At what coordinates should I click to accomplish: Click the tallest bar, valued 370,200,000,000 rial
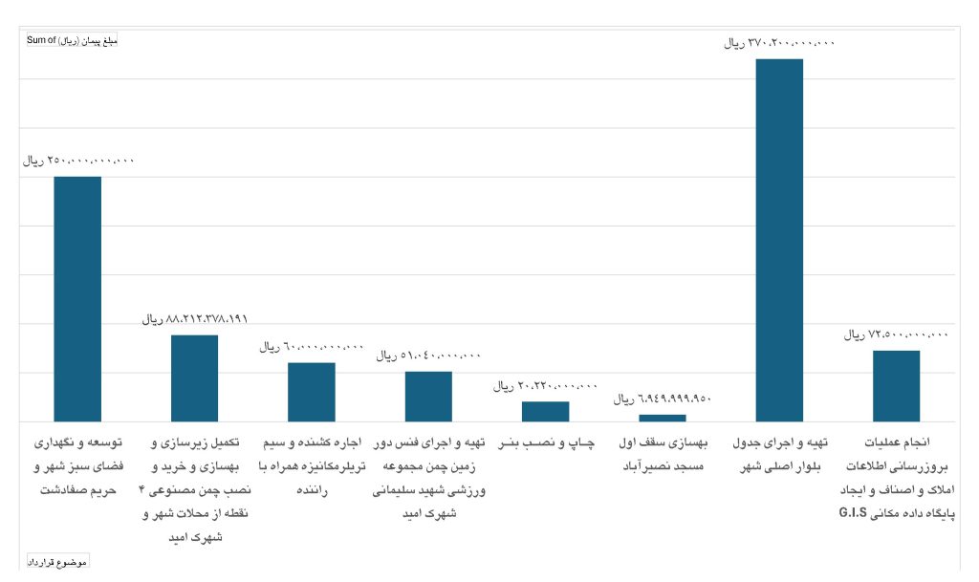tap(779, 239)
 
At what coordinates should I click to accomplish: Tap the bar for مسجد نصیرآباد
tap(663, 418)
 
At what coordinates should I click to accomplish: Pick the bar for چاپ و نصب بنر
tap(545, 411)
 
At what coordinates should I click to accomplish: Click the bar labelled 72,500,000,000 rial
tap(896, 385)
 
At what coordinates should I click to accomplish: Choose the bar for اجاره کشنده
tap(312, 392)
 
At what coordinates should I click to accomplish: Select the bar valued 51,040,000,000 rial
tap(428, 396)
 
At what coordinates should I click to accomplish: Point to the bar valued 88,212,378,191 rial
tap(194, 377)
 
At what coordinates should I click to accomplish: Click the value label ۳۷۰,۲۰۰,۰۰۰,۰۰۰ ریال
tap(780, 43)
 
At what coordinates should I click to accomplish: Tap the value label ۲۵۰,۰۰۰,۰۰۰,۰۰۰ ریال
tap(79, 161)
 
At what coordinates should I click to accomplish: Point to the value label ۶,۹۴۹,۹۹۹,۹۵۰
tap(663, 399)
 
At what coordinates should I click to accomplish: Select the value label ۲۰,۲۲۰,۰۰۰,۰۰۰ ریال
tap(546, 386)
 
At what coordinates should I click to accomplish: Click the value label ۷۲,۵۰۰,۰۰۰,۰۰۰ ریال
tap(896, 335)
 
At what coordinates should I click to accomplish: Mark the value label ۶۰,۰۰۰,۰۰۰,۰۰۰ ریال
tap(312, 347)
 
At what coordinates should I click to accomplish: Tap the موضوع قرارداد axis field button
tap(56, 562)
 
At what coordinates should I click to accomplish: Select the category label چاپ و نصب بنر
tap(546, 444)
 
